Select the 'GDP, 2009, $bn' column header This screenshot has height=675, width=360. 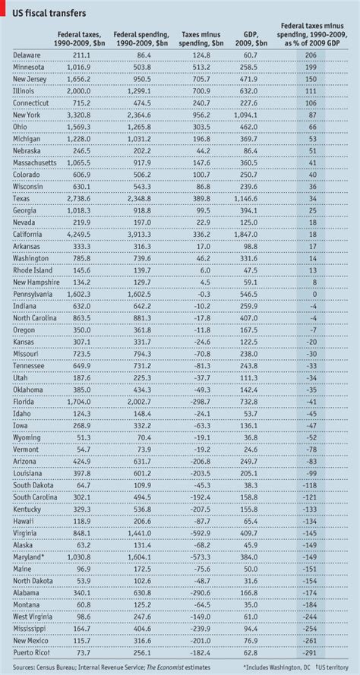point(250,40)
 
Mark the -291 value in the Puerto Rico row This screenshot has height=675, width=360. point(309,653)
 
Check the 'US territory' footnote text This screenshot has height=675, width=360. point(339,667)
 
